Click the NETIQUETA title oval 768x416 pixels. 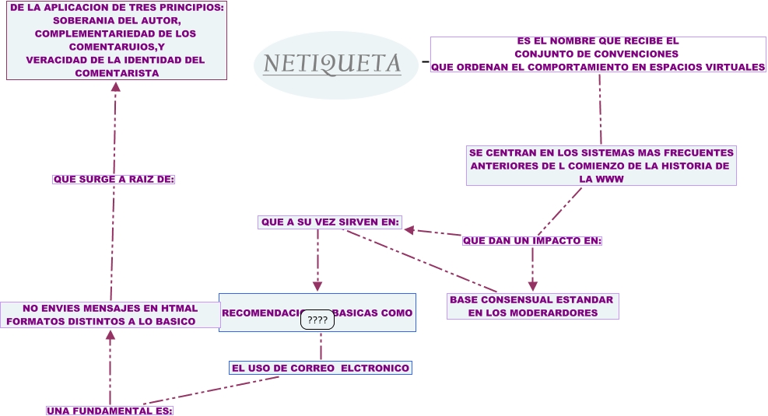point(331,65)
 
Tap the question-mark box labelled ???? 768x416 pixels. point(317,320)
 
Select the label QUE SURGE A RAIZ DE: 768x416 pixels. point(114,179)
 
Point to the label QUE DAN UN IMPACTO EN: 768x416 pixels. point(532,240)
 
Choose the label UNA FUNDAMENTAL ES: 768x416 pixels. point(110,411)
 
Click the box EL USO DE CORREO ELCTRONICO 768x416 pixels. point(321,368)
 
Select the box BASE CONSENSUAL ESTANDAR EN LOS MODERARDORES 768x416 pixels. point(533,306)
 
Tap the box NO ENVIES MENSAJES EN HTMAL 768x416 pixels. point(110,314)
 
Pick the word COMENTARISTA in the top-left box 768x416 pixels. point(117,73)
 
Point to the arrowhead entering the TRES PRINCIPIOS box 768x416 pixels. point(116,86)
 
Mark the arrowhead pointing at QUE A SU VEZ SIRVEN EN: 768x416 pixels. point(409,229)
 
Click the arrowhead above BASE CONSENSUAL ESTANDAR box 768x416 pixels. point(533,286)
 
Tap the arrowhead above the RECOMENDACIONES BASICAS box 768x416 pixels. point(317,285)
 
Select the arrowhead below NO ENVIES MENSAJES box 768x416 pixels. point(110,335)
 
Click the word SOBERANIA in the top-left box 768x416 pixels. point(83,19)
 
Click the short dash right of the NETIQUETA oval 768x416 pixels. point(425,61)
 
